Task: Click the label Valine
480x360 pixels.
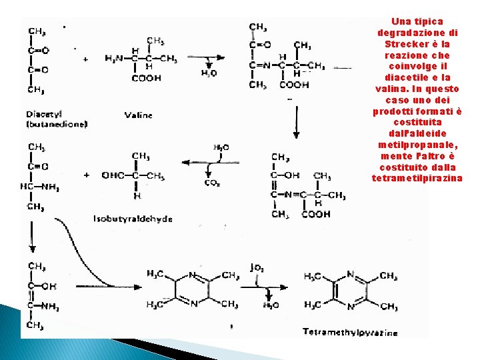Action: point(139,115)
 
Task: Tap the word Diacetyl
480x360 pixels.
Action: point(43,113)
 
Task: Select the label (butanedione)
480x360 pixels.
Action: point(57,124)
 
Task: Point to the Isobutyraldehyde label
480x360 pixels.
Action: point(133,218)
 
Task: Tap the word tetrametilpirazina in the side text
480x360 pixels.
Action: point(417,178)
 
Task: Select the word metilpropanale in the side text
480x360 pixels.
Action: point(417,145)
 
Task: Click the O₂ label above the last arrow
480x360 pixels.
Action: point(258,268)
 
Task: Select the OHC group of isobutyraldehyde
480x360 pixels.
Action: point(114,175)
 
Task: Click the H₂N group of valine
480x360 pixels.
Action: point(115,59)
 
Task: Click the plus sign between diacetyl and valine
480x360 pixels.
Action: point(86,59)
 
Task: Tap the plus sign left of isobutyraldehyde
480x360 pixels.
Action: point(86,175)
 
